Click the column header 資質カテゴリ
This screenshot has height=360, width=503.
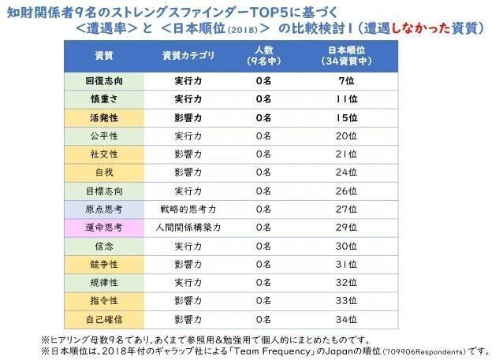click(188, 56)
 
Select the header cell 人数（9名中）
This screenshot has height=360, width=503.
click(263, 56)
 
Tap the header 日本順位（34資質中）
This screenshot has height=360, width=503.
click(346, 56)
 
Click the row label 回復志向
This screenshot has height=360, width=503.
click(104, 81)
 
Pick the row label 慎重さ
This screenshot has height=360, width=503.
click(104, 99)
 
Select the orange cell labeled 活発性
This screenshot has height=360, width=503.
click(104, 117)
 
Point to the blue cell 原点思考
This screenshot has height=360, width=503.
click(104, 210)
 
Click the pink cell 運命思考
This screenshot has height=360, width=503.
click(104, 228)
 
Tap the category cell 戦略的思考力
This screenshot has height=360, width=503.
click(188, 210)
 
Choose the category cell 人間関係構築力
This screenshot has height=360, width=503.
click(188, 228)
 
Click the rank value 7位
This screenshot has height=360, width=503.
click(346, 81)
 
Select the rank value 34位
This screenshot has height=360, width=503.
click(346, 319)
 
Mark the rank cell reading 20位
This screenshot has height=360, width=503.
click(346, 136)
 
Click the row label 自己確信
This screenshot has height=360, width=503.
click(104, 319)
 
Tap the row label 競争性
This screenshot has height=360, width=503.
click(104, 265)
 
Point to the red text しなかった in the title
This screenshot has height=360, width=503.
click(420, 28)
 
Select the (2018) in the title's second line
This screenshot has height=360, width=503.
click(243, 30)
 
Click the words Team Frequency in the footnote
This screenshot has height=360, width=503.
click(273, 351)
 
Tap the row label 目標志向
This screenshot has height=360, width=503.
click(104, 191)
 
